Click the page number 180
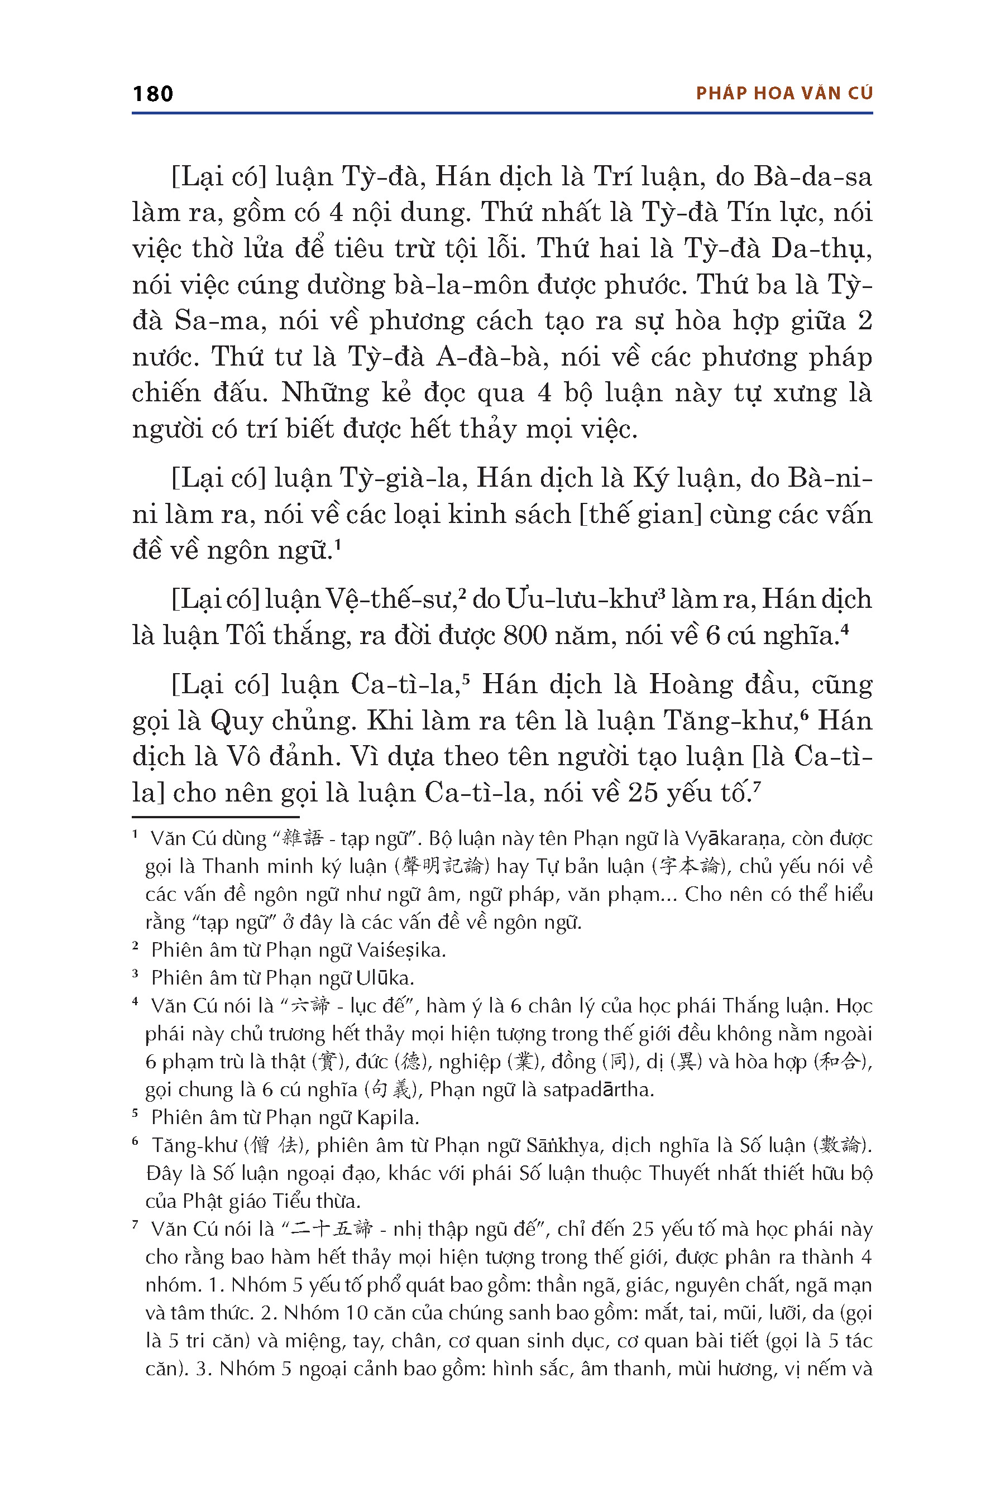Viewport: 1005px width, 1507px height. pyautogui.click(x=152, y=94)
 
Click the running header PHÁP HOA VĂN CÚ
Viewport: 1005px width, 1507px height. pyautogui.click(x=784, y=94)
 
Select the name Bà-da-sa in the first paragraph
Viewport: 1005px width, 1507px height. pyautogui.click(x=813, y=177)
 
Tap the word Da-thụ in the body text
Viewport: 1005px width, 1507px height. pyautogui.click(x=821, y=248)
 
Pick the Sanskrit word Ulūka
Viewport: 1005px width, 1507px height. pyautogui.click(x=385, y=978)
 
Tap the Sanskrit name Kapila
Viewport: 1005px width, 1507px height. pyautogui.click(x=388, y=1117)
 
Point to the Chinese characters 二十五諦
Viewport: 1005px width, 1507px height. pyautogui.click(x=331, y=1229)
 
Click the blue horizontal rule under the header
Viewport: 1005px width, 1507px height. pyautogui.click(x=502, y=113)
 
